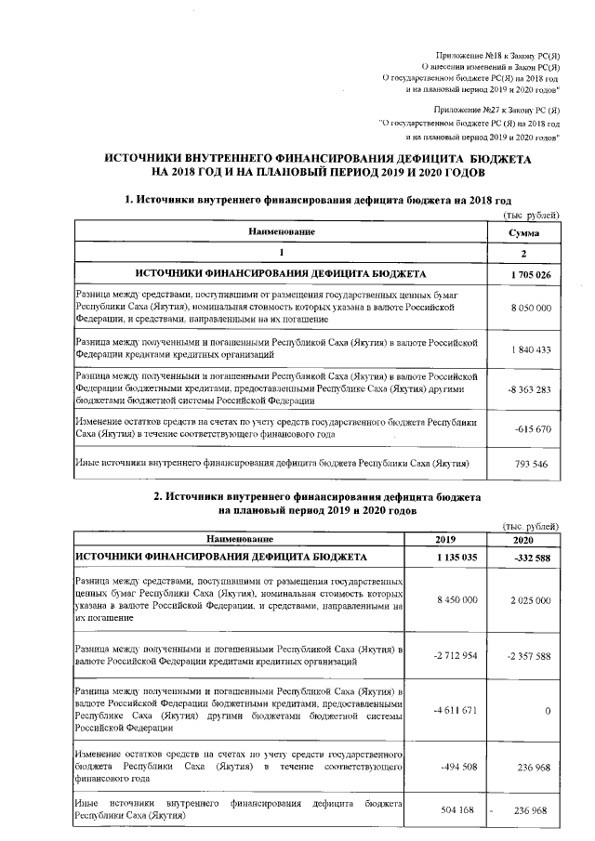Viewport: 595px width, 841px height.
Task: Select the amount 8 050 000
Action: [x=532, y=307]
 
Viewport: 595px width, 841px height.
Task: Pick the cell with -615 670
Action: [x=533, y=428]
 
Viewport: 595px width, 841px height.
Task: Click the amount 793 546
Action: [x=533, y=462]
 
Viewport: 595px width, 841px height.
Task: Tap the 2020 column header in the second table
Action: [x=524, y=539]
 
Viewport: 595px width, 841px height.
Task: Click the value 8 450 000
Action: [x=456, y=600]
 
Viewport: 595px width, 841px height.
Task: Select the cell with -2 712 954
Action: [x=454, y=655]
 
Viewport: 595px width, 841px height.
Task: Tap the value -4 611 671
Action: [x=454, y=710]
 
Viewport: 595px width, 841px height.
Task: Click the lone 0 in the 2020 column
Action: [x=548, y=710]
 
